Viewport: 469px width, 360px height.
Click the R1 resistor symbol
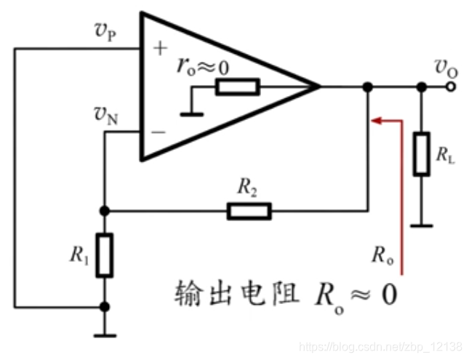[105, 255]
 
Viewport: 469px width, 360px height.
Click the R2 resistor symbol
[249, 211]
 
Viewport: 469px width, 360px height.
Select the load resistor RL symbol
[421, 154]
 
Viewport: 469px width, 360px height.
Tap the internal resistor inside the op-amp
[237, 88]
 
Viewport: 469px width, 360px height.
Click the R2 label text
[247, 188]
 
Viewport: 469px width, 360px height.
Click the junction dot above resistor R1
[105, 211]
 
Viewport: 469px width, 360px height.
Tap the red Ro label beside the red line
[382, 255]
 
